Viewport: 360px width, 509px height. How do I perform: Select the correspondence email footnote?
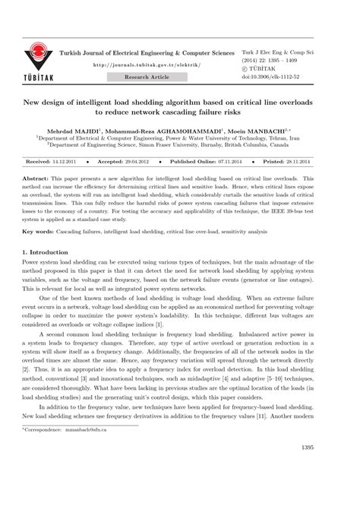68,472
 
